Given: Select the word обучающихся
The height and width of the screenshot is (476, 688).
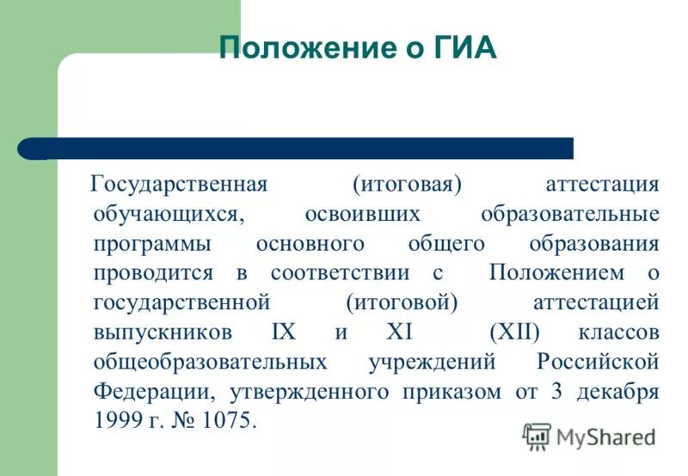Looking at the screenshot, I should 163,213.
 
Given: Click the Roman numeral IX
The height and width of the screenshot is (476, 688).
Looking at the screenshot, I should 282,333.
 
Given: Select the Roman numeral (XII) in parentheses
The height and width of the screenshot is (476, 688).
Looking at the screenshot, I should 513,333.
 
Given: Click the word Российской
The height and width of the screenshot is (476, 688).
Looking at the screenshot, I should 599,362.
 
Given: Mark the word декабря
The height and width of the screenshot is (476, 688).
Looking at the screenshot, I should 617,392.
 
